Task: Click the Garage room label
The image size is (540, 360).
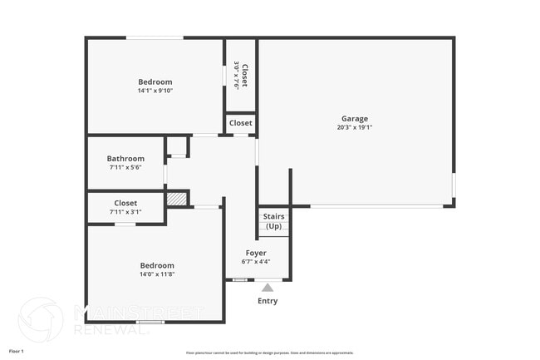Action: tap(354, 118)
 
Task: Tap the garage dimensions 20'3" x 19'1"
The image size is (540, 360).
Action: tap(354, 128)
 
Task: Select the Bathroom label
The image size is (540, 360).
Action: tap(125, 159)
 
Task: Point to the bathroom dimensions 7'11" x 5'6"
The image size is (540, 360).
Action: tap(125, 168)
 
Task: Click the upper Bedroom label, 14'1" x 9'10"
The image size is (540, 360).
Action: tap(155, 81)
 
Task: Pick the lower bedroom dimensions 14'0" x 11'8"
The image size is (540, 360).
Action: tap(156, 274)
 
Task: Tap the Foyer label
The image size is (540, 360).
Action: tap(256, 253)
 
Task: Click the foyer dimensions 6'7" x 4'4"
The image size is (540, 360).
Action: tap(256, 262)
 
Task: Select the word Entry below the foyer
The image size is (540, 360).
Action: tap(268, 301)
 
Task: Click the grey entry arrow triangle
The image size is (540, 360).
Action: tap(268, 288)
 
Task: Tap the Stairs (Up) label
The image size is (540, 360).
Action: tap(273, 221)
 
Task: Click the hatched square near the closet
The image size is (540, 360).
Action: tap(177, 200)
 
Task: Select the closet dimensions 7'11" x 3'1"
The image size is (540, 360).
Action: tap(125, 212)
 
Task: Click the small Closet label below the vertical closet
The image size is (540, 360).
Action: tap(241, 123)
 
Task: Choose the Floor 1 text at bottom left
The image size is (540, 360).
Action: tap(17, 352)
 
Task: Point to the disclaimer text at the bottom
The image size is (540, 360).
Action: tap(269, 353)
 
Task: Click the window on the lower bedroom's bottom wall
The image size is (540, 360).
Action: tap(150, 322)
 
